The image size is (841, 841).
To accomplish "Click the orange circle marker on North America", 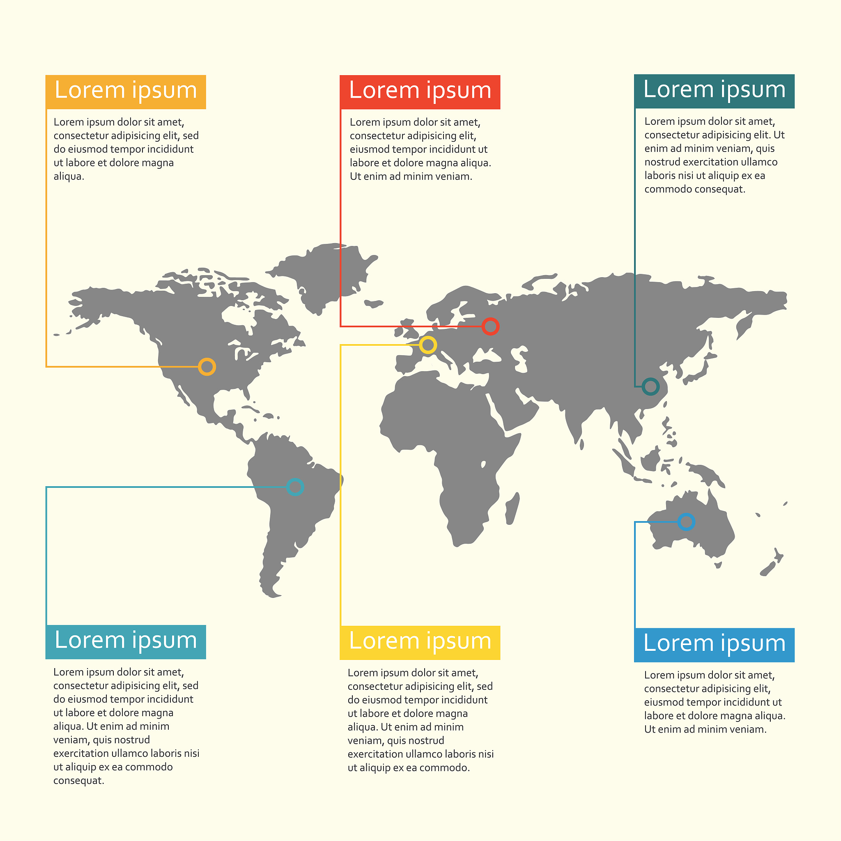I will tap(207, 367).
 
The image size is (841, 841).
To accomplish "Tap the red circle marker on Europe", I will tap(491, 326).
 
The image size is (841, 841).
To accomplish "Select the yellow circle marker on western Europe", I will tap(428, 345).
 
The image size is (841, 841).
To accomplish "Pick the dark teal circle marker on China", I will tap(651, 386).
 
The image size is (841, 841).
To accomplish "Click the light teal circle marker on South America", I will tap(295, 487).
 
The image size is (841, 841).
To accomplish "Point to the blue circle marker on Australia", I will tap(687, 522).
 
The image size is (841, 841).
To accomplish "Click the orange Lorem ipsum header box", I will tap(126, 92).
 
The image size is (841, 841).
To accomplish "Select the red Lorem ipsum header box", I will tap(420, 92).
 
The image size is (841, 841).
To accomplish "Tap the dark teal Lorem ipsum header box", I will tap(715, 91).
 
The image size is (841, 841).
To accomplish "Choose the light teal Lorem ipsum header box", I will tap(126, 642).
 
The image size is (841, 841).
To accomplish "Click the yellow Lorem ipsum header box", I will tap(420, 643).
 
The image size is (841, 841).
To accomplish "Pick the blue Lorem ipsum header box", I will tap(715, 645).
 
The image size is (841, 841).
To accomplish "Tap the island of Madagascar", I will tap(512, 509).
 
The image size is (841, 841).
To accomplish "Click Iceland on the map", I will tap(374, 303).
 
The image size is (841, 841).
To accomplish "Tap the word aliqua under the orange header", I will tap(68, 176).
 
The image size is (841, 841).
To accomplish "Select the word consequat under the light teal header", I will tap(78, 781).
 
